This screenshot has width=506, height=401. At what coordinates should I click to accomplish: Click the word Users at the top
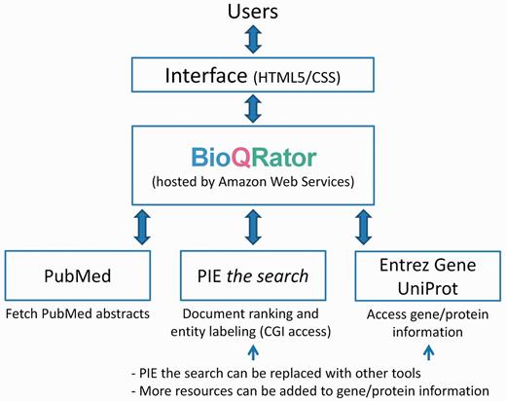[252, 13]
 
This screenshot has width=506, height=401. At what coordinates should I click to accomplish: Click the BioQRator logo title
[252, 154]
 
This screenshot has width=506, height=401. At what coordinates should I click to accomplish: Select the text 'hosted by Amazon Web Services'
[252, 183]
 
